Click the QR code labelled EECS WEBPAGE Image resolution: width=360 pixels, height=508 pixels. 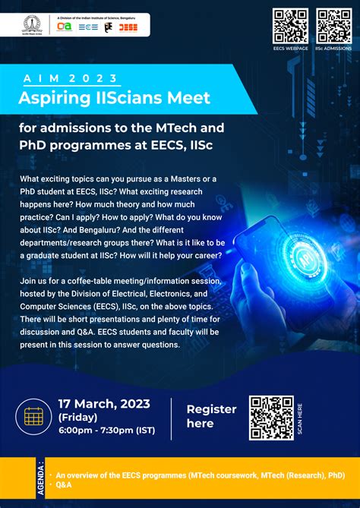pyautogui.click(x=291, y=26)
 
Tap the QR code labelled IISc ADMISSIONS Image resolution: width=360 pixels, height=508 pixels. pyautogui.click(x=333, y=26)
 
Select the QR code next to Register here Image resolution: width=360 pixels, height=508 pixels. pyautogui.click(x=271, y=418)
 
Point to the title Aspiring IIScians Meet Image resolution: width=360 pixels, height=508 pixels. pyautogui.click(x=115, y=97)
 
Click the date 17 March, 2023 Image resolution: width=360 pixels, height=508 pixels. pyautogui.click(x=104, y=403)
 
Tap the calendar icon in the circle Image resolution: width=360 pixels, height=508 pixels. pyautogui.click(x=33, y=416)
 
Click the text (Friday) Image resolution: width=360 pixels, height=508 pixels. pyautogui.click(x=78, y=417)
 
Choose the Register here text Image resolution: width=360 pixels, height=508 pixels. pyautogui.click(x=211, y=415)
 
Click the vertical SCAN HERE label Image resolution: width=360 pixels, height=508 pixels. pyautogui.click(x=300, y=418)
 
